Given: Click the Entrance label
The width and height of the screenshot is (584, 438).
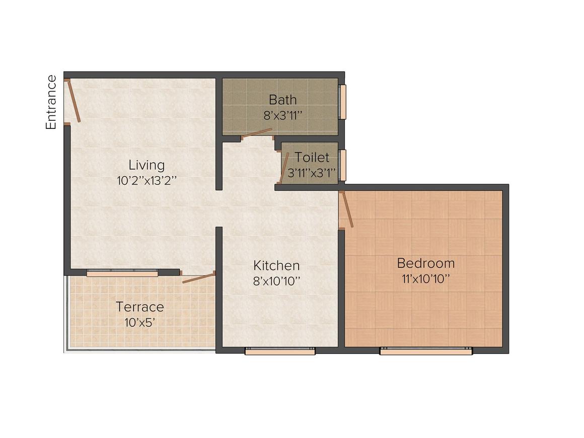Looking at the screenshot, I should pyautogui.click(x=51, y=102).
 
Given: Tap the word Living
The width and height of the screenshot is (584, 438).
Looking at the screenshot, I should pyautogui.click(x=146, y=165).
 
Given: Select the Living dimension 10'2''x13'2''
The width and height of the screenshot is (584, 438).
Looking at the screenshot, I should pyautogui.click(x=146, y=181).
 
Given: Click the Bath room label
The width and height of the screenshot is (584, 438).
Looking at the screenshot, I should pyautogui.click(x=282, y=99).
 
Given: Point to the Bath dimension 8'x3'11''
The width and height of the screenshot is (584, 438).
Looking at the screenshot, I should pyautogui.click(x=282, y=115).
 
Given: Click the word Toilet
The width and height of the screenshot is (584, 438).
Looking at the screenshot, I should pyautogui.click(x=312, y=158).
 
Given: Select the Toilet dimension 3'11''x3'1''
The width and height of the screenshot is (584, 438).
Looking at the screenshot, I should pyautogui.click(x=311, y=173).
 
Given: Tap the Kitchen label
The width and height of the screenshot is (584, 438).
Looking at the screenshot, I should pyautogui.click(x=276, y=265).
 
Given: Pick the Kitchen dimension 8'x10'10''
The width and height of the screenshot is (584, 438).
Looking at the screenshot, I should pyautogui.click(x=276, y=281).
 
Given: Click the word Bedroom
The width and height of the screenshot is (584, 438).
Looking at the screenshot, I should pyautogui.click(x=425, y=263).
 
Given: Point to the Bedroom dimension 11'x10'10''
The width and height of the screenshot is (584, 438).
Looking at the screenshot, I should pyautogui.click(x=425, y=279).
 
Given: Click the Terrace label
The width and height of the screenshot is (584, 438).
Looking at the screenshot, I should pyautogui.click(x=140, y=307).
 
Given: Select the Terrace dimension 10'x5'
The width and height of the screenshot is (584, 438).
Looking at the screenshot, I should pyautogui.click(x=140, y=322).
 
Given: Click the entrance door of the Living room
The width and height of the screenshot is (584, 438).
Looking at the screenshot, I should pyautogui.click(x=74, y=101).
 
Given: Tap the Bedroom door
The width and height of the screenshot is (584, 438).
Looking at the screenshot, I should pyautogui.click(x=346, y=209).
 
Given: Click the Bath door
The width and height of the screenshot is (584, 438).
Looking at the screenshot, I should pyautogui.click(x=257, y=133).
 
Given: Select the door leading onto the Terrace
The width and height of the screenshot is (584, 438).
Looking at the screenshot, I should pyautogui.click(x=198, y=278).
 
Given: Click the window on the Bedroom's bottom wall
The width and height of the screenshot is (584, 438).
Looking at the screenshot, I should pyautogui.click(x=426, y=351).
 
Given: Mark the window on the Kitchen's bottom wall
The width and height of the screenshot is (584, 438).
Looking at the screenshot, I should pyautogui.click(x=280, y=351).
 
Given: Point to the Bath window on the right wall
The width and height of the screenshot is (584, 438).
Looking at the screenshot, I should pyautogui.click(x=342, y=102).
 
